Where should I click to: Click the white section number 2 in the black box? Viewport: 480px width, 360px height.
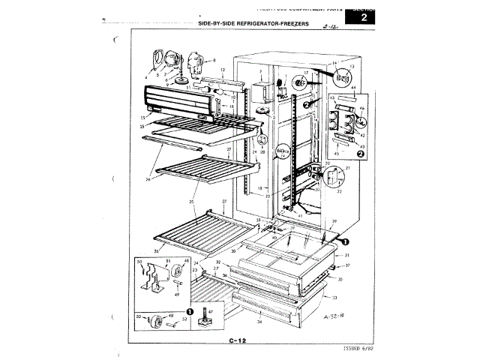pyautogui.click(x=364, y=16)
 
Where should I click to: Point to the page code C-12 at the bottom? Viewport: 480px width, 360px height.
pyautogui.click(x=238, y=341)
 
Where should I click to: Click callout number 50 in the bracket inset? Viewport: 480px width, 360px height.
pyautogui.click(x=139, y=262)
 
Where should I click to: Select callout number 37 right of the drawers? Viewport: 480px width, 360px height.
pyautogui.click(x=348, y=265)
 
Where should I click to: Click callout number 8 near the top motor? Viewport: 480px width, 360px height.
pyautogui.click(x=213, y=59)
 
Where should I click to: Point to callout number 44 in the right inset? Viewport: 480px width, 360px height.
pyautogui.click(x=352, y=88)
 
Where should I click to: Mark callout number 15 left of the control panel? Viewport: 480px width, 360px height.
pyautogui.click(x=142, y=118)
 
